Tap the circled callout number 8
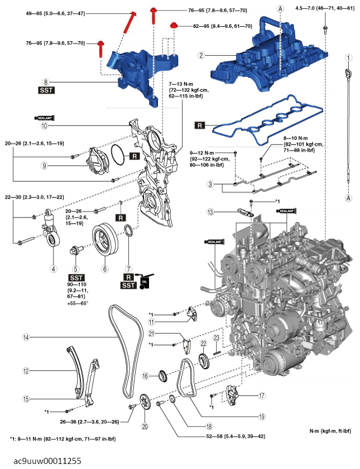click(46, 81)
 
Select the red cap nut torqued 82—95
click(174, 26)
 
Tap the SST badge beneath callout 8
click(46, 90)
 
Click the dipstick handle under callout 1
click(348, 74)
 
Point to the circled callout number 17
click(261, 395)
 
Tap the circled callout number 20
click(145, 426)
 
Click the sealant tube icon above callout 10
click(44, 118)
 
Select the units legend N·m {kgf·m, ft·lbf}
click(330, 431)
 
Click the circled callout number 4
click(54, 268)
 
